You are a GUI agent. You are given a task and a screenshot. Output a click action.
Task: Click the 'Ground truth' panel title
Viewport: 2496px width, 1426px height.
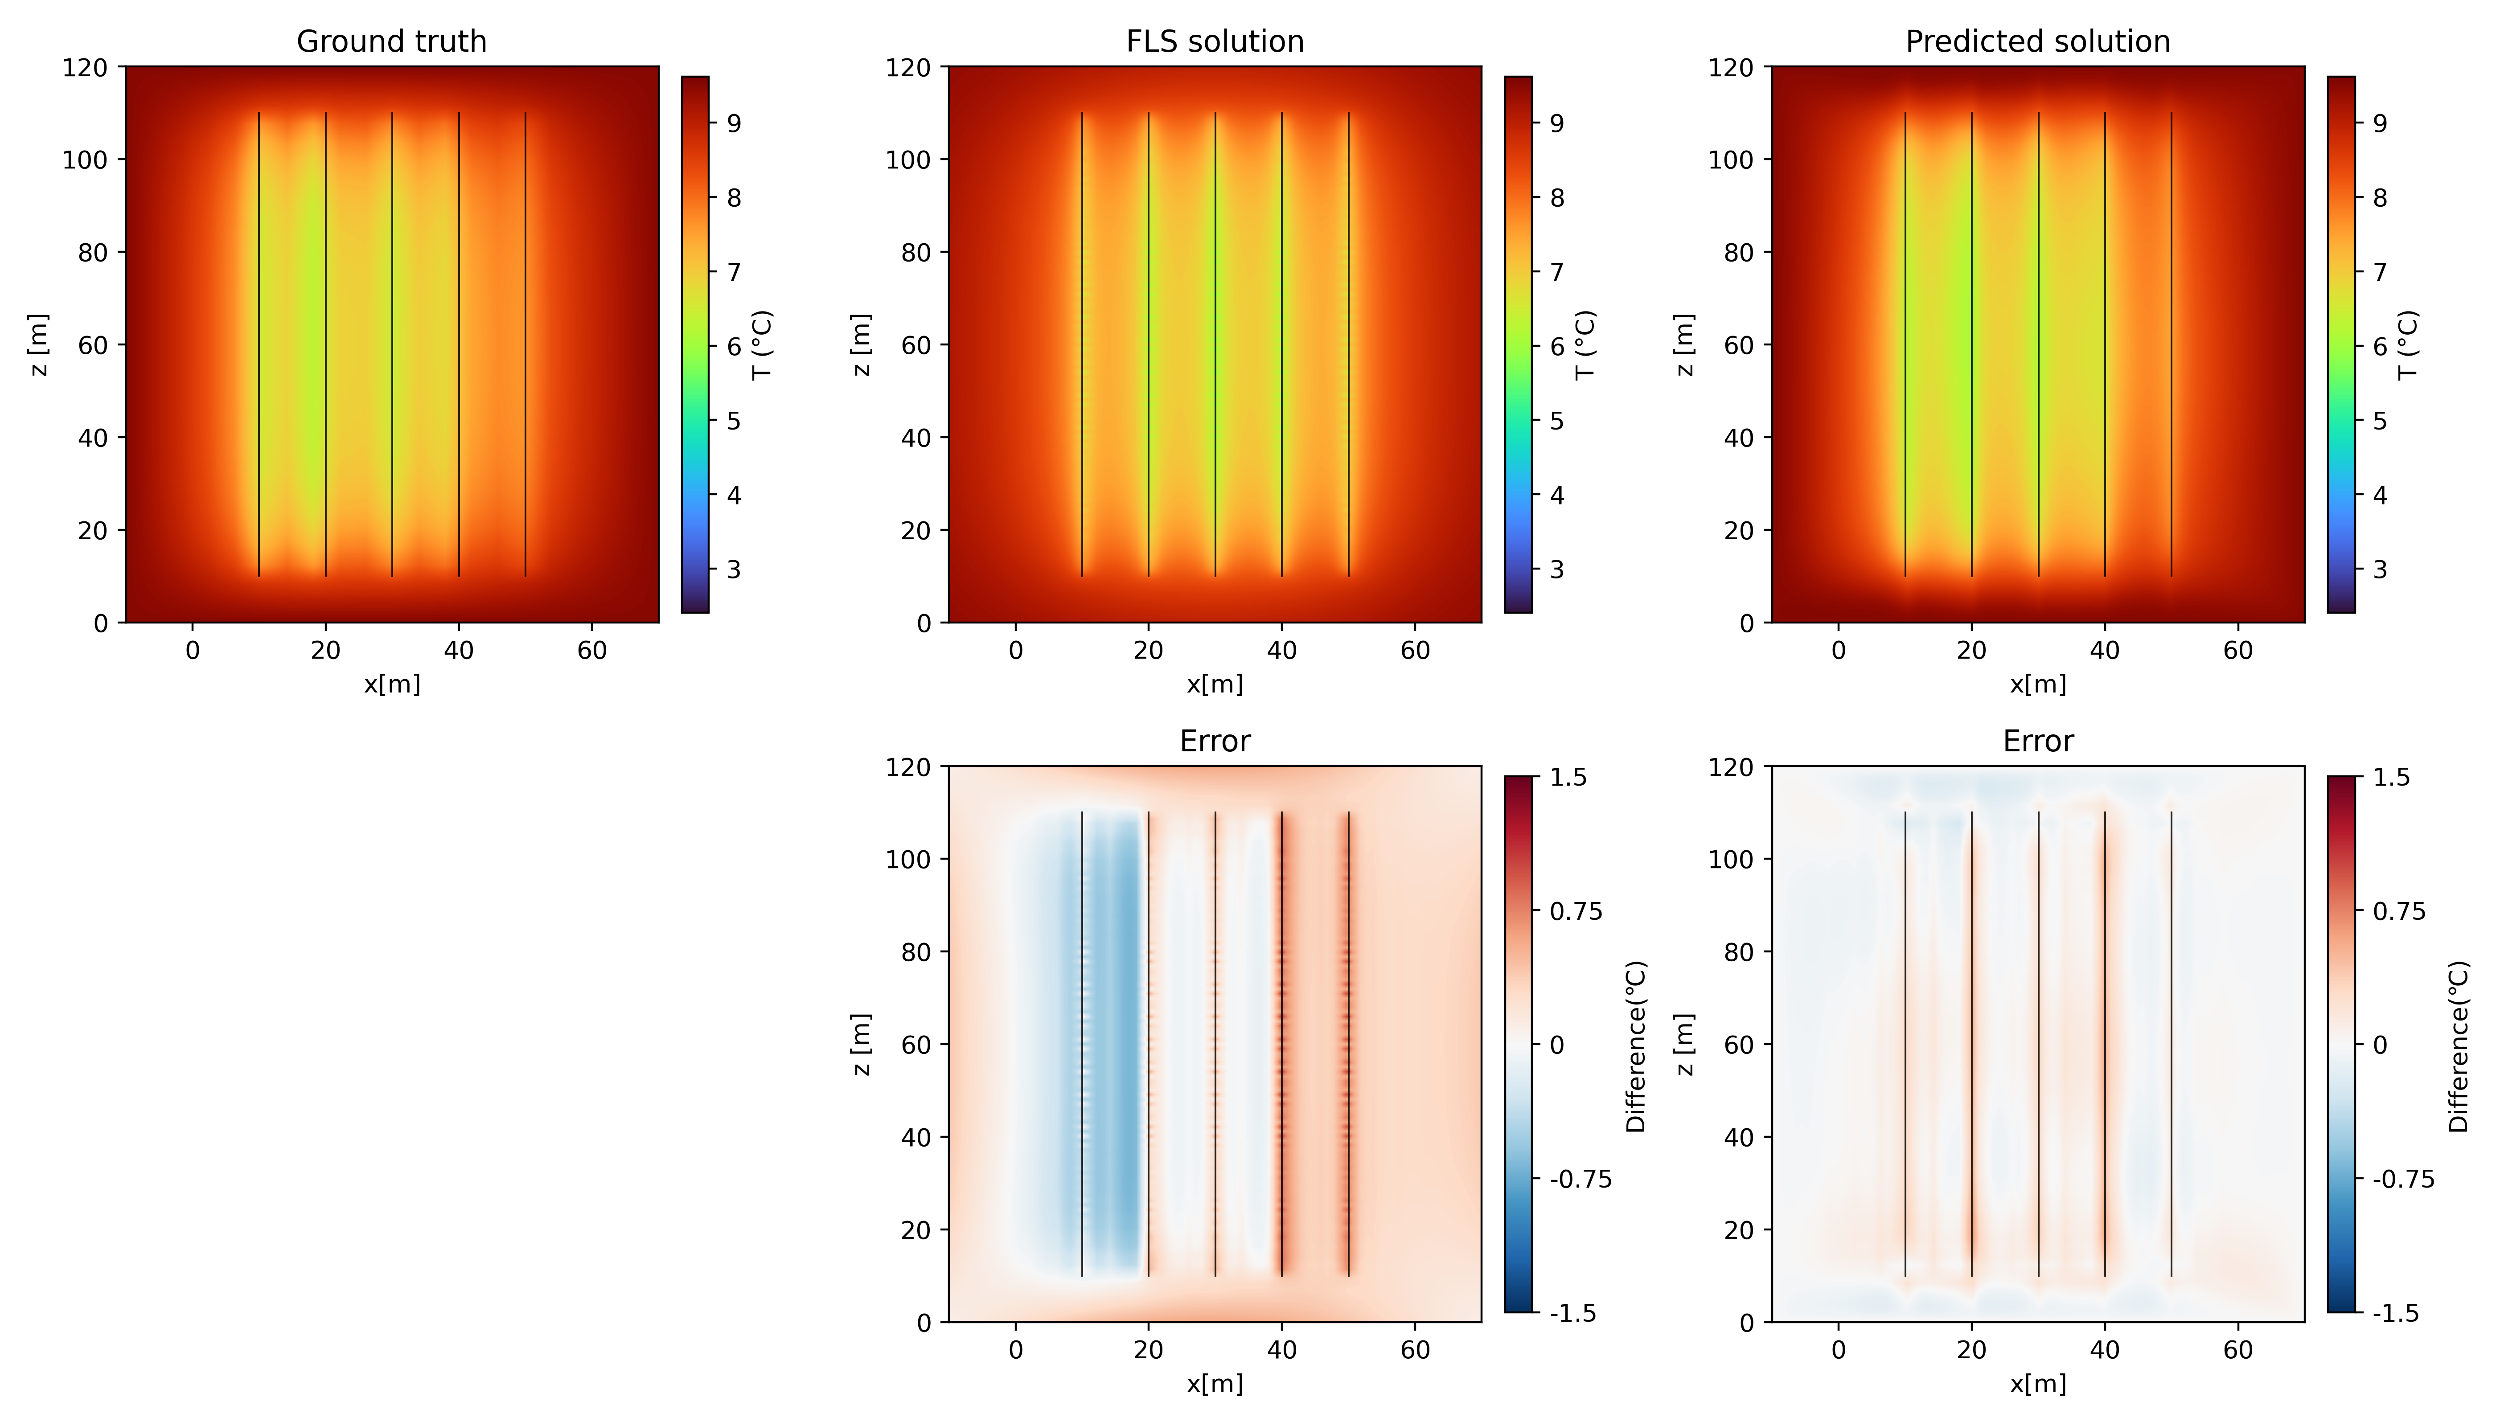pyautogui.click(x=392, y=41)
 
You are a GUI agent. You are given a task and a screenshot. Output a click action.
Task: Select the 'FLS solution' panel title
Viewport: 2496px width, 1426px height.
pyautogui.click(x=1215, y=41)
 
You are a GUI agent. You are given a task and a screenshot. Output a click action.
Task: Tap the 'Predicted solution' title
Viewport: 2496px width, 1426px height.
pyautogui.click(x=2037, y=41)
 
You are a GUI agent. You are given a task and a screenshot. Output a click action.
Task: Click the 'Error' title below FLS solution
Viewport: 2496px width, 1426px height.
pyautogui.click(x=1215, y=742)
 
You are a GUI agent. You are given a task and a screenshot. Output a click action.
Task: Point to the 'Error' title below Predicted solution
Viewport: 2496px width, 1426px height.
pyautogui.click(x=2037, y=742)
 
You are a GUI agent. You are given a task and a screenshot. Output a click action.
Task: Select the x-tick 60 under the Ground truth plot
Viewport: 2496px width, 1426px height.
pyautogui.click(x=591, y=650)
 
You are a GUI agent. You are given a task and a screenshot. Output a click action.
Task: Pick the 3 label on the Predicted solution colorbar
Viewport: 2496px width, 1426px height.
pyautogui.click(x=2379, y=569)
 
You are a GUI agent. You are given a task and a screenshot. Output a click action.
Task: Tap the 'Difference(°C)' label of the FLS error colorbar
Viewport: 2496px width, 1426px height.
pyautogui.click(x=1636, y=1046)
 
